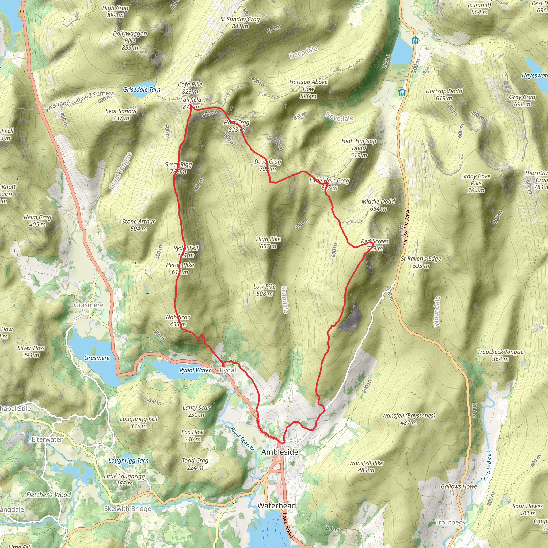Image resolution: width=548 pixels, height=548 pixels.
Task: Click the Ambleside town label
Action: [x=280, y=452]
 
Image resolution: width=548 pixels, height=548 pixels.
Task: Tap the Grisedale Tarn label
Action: [x=142, y=90]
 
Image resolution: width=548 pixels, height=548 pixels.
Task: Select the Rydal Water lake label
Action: [x=195, y=370]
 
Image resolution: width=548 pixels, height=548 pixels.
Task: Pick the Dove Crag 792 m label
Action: [x=268, y=165]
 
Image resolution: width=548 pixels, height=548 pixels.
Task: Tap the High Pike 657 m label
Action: [x=268, y=242]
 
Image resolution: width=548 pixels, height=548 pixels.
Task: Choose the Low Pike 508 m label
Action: [x=265, y=290]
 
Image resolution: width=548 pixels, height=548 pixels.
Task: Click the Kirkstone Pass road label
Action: [x=406, y=227]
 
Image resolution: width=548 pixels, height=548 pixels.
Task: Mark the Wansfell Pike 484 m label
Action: [x=366, y=466]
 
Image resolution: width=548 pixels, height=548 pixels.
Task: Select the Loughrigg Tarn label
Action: [x=128, y=461]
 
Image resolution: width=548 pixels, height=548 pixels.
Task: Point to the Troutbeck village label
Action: [x=450, y=522]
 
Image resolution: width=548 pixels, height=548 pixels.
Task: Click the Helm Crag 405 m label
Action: [x=37, y=221]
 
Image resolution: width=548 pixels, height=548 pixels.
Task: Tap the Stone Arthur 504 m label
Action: [x=138, y=225]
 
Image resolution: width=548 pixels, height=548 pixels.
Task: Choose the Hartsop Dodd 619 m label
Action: [x=444, y=95]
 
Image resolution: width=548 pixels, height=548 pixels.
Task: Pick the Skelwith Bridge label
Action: [x=127, y=509]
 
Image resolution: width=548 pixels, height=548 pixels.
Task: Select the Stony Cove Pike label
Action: [x=476, y=183]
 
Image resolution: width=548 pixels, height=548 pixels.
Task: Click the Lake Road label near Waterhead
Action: [x=287, y=526]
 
